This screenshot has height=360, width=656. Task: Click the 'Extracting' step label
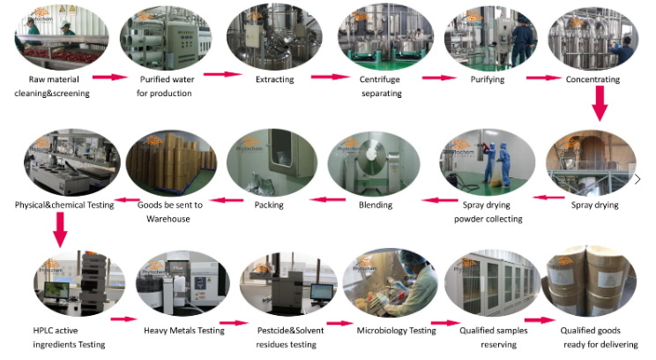tap(274, 79)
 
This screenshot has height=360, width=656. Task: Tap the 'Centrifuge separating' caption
tap(381, 86)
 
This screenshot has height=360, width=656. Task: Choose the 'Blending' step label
tap(376, 205)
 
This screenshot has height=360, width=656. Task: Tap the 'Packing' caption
tap(268, 205)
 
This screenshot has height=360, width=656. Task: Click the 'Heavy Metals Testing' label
tap(183, 331)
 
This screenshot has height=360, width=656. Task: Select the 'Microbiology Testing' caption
tap(396, 331)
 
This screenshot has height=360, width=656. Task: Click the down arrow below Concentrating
tap(600, 106)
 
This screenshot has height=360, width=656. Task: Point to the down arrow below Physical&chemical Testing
tap(60, 230)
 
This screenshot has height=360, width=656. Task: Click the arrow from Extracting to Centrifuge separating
tap(329, 77)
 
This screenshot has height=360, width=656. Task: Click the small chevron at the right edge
tap(637, 179)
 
